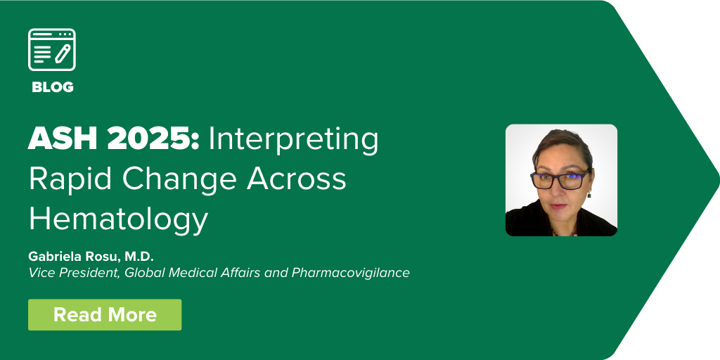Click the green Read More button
[105, 314]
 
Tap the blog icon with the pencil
[52, 50]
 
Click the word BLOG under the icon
[52, 87]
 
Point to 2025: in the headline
[153, 139]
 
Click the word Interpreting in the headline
[293, 141]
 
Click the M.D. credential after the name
[139, 256]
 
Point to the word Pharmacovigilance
[350, 273]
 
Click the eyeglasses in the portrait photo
[560, 179]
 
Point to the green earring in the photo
[589, 194]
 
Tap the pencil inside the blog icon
[63, 53]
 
